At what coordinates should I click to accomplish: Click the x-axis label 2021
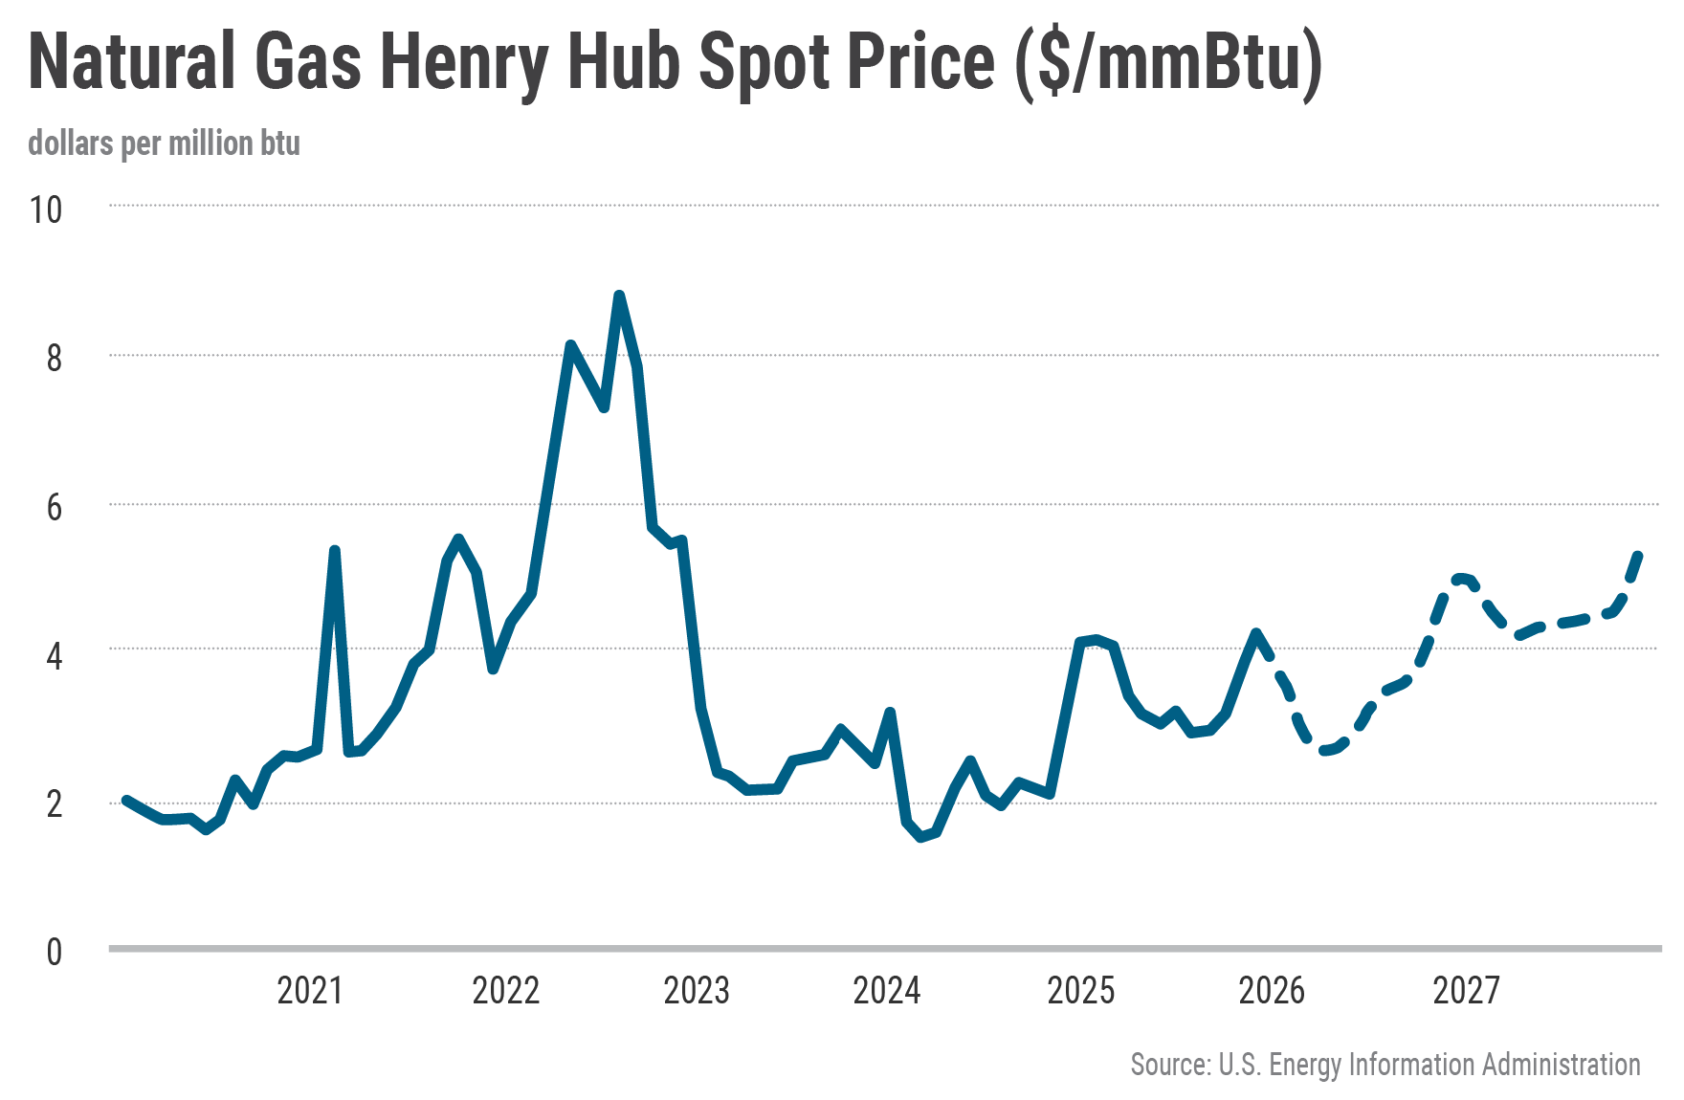coord(310,991)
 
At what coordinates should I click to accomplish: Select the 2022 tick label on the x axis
coord(506,991)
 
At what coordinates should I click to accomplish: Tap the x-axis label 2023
coord(697,991)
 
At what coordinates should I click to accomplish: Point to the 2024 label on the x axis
coord(887,991)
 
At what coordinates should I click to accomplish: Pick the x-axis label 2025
coord(1081,991)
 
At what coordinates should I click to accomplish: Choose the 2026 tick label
coord(1272,991)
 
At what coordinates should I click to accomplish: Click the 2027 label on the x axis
coord(1466,991)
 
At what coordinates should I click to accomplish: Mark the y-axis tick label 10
coord(46,210)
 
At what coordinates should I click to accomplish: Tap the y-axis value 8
coord(54,359)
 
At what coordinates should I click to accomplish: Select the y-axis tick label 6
coord(54,507)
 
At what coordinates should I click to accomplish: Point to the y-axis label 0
coord(54,952)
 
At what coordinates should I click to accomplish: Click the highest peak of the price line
coord(619,296)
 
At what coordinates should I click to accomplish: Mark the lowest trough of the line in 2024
coord(921,838)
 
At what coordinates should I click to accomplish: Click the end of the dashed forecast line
coord(1639,554)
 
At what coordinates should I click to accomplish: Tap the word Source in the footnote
coord(1169,1065)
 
